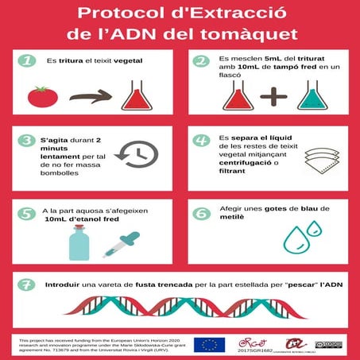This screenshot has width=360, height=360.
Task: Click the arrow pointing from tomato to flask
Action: tap(90, 98)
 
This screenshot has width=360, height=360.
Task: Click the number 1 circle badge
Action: tap(29, 61)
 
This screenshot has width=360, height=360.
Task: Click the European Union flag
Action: tap(211, 344)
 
